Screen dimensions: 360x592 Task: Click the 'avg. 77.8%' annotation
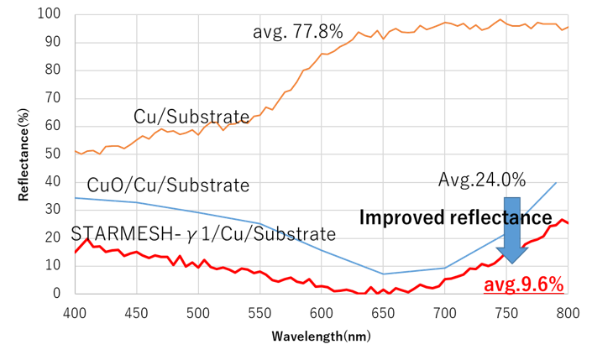coord(298,32)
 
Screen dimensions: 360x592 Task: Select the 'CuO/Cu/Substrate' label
coord(168,185)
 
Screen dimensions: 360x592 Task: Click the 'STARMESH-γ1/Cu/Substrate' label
coord(204,232)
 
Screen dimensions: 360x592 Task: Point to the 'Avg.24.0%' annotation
coord(482,180)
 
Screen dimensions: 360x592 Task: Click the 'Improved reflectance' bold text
coord(456,217)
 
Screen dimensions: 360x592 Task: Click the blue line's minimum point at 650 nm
coord(383,274)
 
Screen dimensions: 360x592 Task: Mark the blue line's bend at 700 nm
coord(445,268)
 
